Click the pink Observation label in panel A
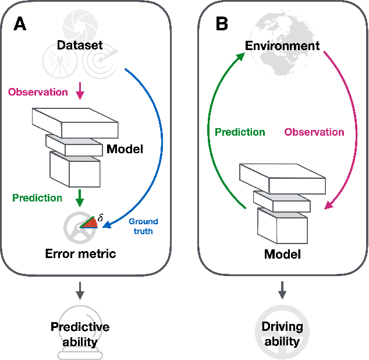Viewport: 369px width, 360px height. click(37, 92)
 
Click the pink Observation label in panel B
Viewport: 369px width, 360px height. click(314, 132)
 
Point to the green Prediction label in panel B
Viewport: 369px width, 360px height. click(240, 132)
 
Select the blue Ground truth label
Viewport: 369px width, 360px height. click(143, 226)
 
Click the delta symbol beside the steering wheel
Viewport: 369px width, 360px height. click(100, 217)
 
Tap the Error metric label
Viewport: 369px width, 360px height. click(81, 253)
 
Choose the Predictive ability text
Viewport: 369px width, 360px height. click(80, 334)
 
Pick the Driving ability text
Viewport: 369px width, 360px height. click(282, 334)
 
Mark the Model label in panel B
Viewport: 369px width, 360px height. click(282, 254)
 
